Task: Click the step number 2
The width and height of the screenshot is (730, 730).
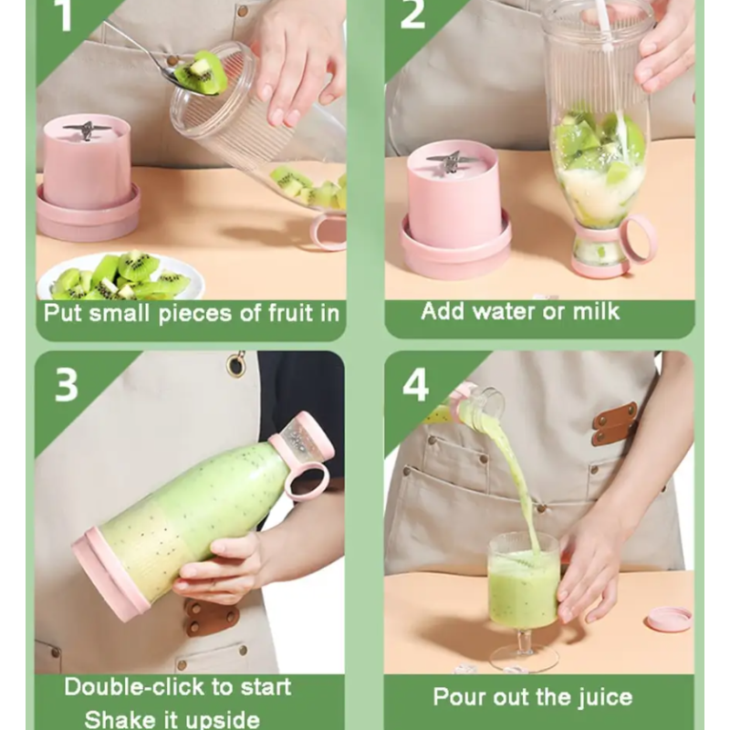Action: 412,14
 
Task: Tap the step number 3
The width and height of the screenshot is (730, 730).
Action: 66,385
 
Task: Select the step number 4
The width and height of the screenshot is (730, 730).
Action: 415,385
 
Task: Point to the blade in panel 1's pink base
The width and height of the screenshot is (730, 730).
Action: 87,129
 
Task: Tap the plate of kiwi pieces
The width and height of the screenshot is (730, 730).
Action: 121,277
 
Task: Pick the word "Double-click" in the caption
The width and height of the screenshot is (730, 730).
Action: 134,687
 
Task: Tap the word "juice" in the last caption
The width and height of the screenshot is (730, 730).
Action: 606,697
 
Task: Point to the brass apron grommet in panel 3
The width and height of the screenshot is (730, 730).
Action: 237,362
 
